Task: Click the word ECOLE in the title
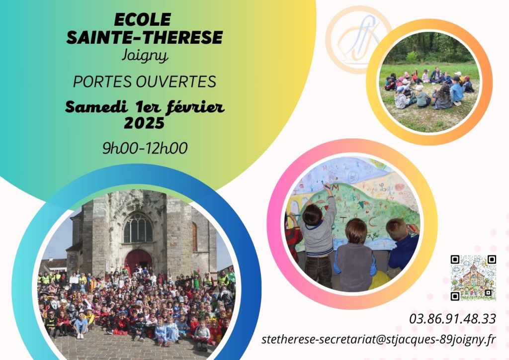[x=142, y=20]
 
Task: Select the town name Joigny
[x=145, y=56]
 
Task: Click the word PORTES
[x=103, y=82]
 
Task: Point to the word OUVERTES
[x=176, y=82]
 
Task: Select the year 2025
[x=144, y=123]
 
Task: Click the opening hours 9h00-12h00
[x=145, y=148]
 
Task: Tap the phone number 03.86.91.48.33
[x=452, y=319]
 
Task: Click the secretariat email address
[x=378, y=340]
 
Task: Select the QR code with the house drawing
[x=473, y=278]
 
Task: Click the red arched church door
[x=138, y=260]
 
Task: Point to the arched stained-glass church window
[x=138, y=228]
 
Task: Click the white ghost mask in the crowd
[x=54, y=305]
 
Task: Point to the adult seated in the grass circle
[x=436, y=75]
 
